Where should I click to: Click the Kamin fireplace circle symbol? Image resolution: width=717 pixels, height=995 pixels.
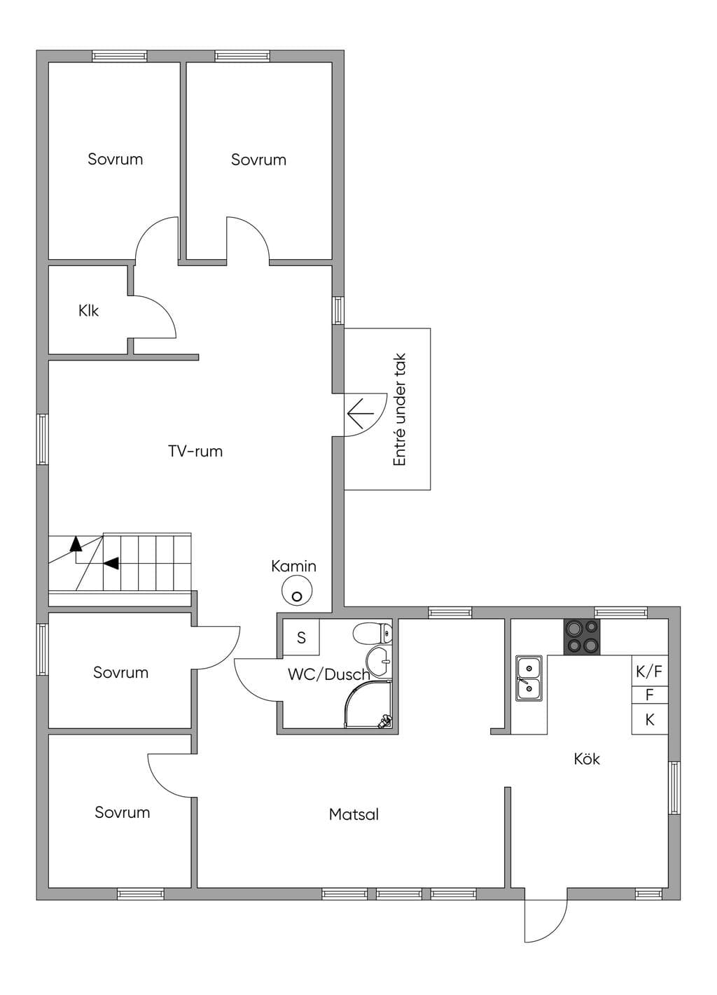pos(297,590)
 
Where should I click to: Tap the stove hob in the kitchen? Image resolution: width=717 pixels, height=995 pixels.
pos(581,636)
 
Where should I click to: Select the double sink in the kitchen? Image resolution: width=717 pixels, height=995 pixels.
pos(529,679)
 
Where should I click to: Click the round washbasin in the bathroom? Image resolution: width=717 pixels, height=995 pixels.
pos(379,662)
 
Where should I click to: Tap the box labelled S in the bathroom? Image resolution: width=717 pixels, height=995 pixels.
pos(301,637)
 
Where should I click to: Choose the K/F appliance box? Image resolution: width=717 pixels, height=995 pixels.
pos(650,671)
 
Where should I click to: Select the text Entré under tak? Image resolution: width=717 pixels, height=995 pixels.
pos(399,410)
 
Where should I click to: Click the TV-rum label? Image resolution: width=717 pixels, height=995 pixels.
pos(195,452)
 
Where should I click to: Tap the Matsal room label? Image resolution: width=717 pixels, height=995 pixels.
pos(354,814)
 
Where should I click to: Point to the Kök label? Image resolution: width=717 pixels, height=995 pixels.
pos(586,759)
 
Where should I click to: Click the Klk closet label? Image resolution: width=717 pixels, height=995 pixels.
pos(88,310)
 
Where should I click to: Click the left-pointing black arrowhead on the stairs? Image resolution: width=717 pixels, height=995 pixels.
pos(111,563)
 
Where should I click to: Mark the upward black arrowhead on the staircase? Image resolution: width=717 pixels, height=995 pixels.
pos(76,543)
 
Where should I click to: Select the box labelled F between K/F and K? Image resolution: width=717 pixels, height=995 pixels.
pos(650,695)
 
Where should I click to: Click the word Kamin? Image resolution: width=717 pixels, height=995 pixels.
pos(293,566)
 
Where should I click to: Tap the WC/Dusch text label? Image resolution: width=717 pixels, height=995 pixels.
pos(328,674)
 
